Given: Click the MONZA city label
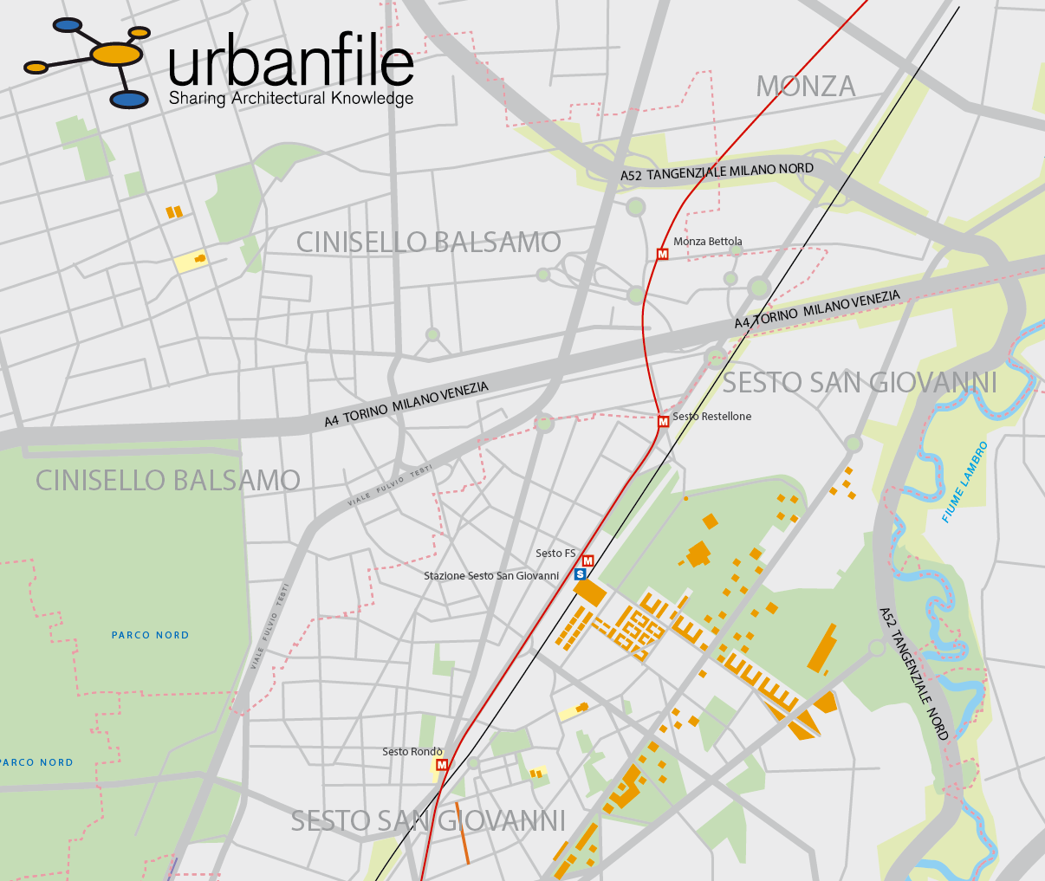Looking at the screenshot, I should click(805, 87).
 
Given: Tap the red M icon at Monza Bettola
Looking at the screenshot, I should click(663, 255).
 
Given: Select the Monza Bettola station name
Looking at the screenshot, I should click(708, 242).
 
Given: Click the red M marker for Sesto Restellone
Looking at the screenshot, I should click(664, 422).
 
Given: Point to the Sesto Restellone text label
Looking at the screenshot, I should click(712, 417).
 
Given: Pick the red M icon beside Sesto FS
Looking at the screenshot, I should click(588, 561).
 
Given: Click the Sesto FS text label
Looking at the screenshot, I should click(555, 554).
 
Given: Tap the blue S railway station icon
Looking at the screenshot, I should click(581, 574).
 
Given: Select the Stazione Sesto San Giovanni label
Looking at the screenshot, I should click(491, 576).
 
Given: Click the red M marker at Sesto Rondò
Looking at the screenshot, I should click(442, 765).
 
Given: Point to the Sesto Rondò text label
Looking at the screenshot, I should click(412, 752).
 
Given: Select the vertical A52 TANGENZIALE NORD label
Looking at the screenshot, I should click(914, 673).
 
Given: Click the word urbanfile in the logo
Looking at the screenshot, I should click(291, 62).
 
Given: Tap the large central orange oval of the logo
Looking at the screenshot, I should click(117, 55).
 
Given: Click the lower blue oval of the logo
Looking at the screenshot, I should click(130, 100).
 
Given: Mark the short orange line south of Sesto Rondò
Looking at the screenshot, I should click(463, 832).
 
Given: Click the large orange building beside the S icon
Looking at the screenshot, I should click(590, 593).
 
